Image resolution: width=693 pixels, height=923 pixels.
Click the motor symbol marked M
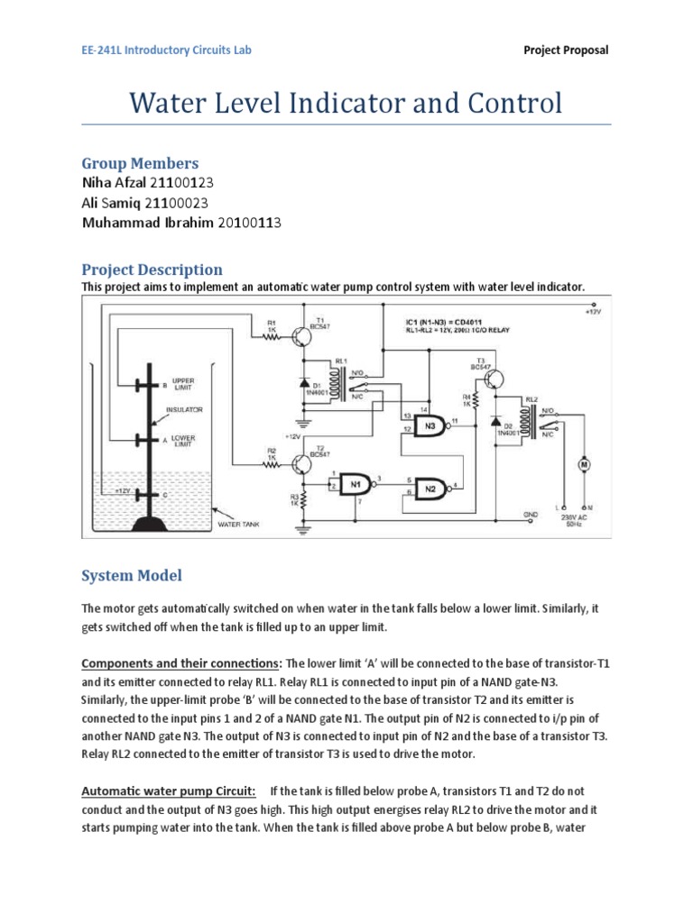584,463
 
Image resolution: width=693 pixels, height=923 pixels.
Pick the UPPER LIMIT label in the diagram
183,384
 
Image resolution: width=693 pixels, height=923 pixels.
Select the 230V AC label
573,517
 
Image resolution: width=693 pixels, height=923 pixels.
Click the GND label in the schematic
530,514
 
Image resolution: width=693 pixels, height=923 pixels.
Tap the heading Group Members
140,163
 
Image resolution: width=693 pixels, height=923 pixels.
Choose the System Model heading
132,575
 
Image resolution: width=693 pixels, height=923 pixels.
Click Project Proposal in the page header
566,50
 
